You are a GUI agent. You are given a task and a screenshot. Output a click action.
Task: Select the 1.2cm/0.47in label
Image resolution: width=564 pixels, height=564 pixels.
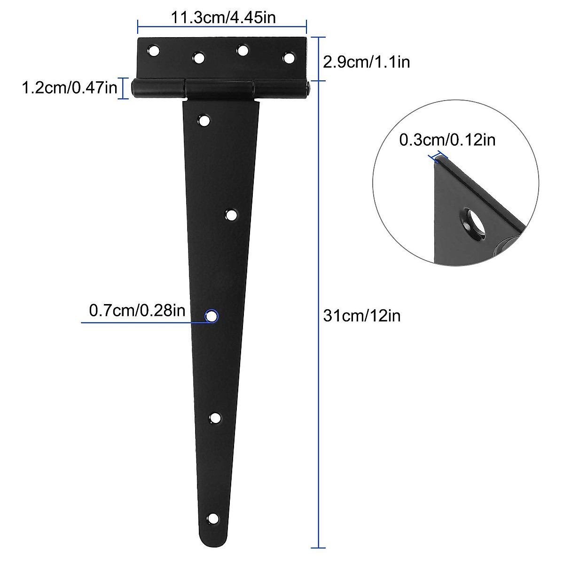[x=70, y=87]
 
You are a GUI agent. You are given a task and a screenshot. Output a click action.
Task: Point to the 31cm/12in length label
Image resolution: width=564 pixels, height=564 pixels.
[x=362, y=315]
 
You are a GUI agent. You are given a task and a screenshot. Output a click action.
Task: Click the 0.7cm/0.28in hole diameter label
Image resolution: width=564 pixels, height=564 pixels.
[x=137, y=311]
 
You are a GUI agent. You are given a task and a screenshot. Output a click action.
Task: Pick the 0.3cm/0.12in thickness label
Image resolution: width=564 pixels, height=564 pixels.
[x=447, y=140]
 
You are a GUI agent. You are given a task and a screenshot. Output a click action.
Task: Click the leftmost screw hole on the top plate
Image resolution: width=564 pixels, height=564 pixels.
[x=153, y=50]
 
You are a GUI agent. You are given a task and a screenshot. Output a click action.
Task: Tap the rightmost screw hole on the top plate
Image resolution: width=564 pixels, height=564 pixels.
[x=289, y=58]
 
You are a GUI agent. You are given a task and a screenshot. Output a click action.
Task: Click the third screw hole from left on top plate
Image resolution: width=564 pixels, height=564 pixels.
[x=243, y=50]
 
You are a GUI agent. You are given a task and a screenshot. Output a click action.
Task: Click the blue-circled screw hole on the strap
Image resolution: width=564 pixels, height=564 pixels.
[x=211, y=316]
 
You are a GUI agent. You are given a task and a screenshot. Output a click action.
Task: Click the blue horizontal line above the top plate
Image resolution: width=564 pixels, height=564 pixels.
[x=222, y=27]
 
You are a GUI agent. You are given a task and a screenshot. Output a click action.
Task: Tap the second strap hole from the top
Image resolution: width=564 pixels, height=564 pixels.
[x=231, y=215]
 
